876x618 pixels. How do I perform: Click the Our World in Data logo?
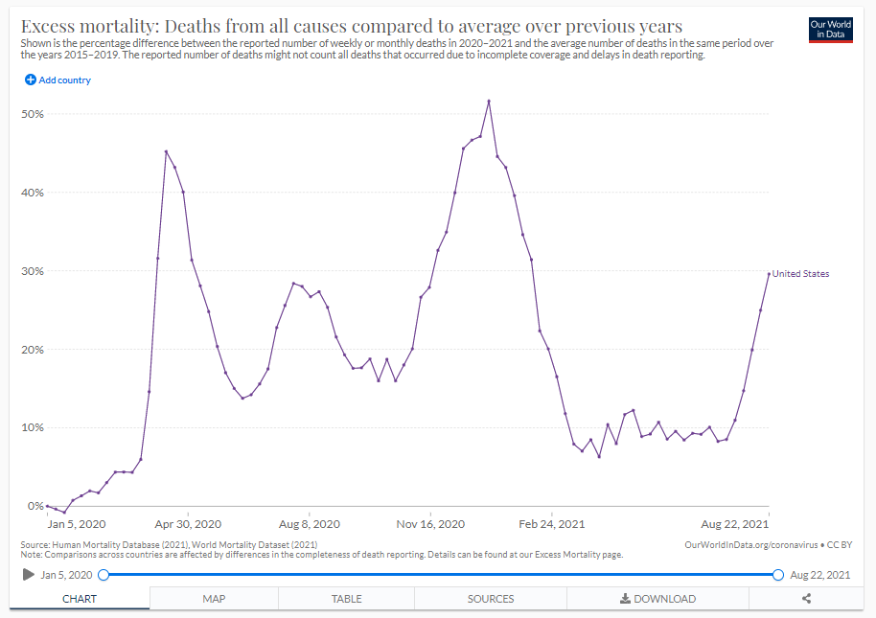click(x=830, y=29)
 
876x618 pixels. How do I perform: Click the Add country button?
click(x=58, y=80)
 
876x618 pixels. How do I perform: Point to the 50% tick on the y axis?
click(x=33, y=114)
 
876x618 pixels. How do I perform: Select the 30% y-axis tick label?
click(x=33, y=271)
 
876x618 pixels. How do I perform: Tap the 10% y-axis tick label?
click(x=33, y=427)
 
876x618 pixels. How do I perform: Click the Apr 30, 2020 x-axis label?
click(x=188, y=524)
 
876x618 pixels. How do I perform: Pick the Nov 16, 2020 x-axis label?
click(x=431, y=524)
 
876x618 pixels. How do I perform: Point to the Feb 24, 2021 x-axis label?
click(x=551, y=524)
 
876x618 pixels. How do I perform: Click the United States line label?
click(x=800, y=274)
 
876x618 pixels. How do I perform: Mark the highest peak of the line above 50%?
click(x=489, y=101)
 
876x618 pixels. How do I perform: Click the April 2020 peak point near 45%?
click(x=166, y=151)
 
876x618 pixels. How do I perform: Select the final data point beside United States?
click(x=769, y=273)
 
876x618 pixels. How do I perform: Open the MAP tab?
click(x=214, y=599)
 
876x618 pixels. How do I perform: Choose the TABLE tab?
click(x=346, y=599)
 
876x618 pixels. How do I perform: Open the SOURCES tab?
click(x=491, y=599)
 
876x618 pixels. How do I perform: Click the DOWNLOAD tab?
click(x=657, y=599)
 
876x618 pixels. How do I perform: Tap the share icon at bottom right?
click(x=807, y=599)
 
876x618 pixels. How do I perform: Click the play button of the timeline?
click(x=29, y=575)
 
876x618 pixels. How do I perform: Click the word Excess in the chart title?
click(x=52, y=26)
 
